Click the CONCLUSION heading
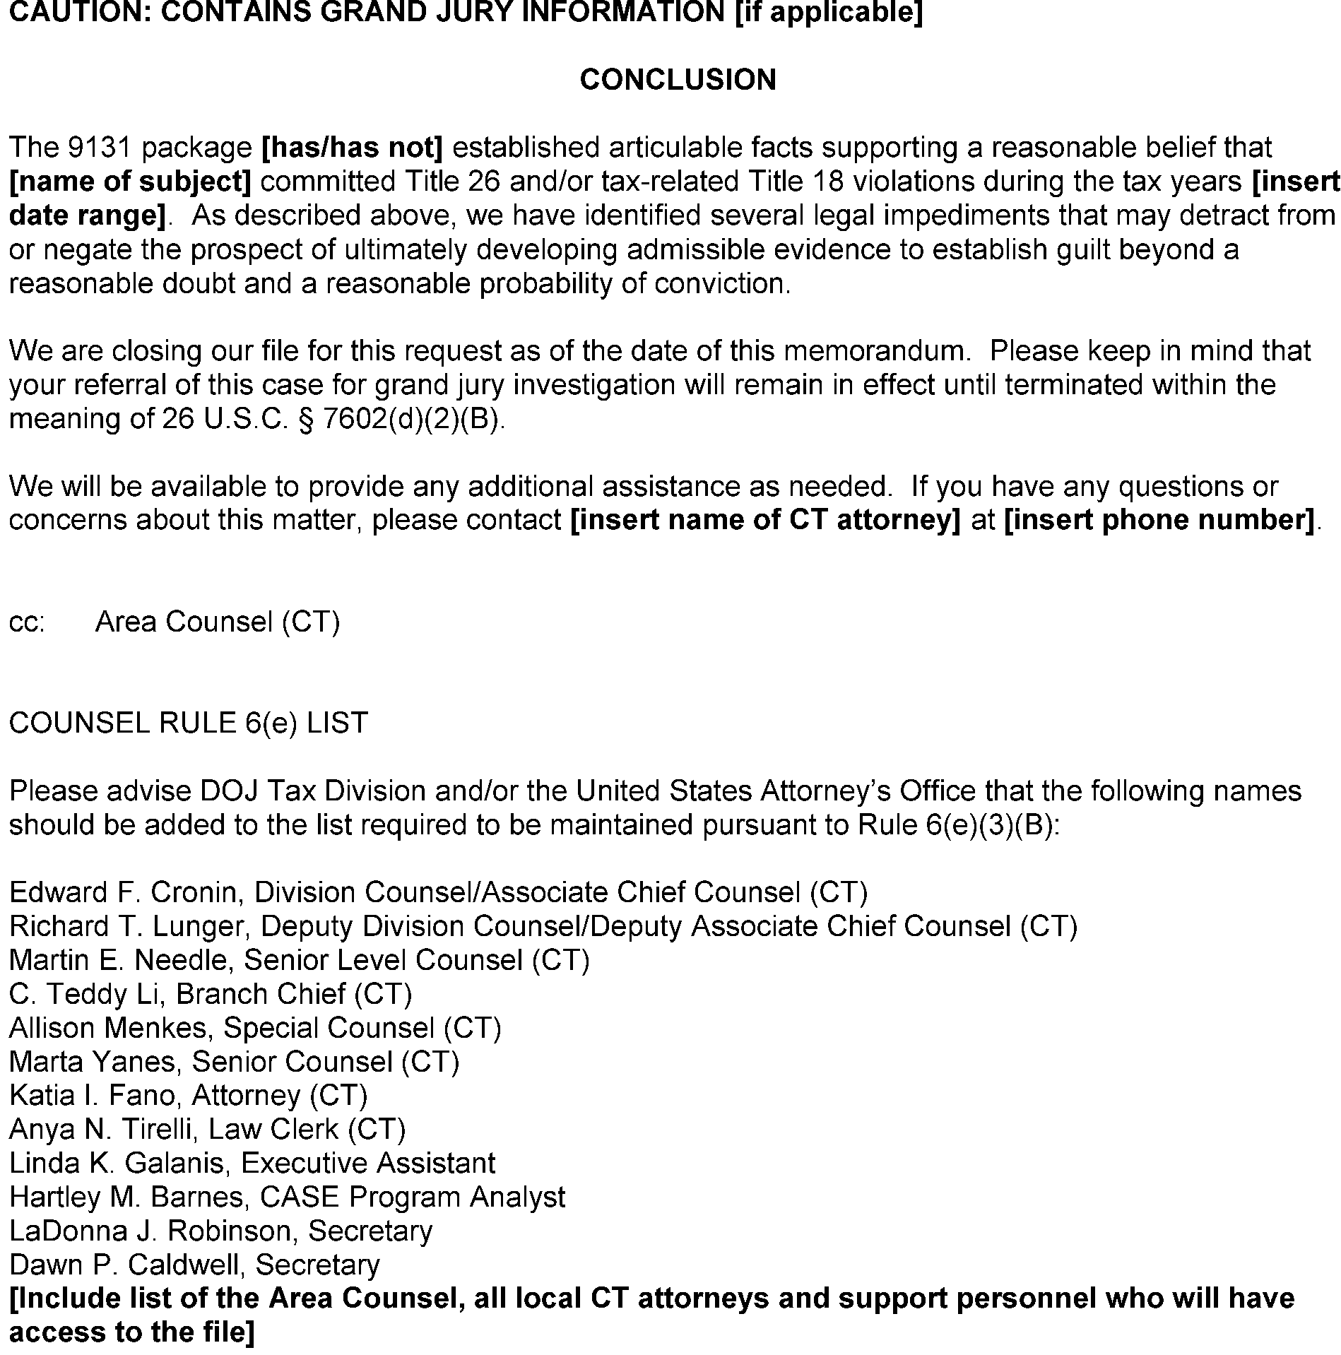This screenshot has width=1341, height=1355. [678, 80]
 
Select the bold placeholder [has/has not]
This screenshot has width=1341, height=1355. [352, 148]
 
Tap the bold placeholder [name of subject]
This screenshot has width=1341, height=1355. [130, 182]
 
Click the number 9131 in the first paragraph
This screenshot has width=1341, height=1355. [100, 148]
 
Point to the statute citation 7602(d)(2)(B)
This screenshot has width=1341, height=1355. [414, 419]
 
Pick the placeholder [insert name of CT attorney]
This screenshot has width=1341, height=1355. [764, 520]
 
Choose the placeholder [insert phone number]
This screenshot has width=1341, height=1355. [1159, 520]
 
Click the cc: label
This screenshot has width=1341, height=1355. [27, 622]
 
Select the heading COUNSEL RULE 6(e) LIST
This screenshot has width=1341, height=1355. [188, 723]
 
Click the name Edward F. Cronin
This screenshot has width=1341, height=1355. [123, 892]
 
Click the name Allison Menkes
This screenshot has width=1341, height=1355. [110, 1028]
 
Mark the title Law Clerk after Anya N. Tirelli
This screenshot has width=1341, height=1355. [273, 1130]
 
